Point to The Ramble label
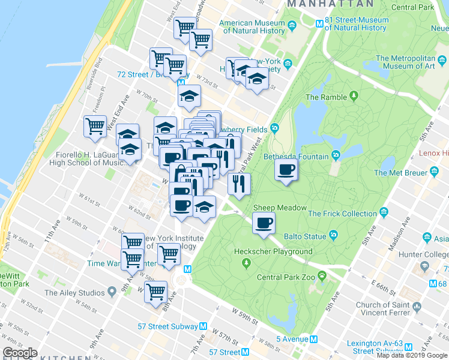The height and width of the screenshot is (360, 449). [x=326, y=97]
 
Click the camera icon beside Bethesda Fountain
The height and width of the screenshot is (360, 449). [x=336, y=157]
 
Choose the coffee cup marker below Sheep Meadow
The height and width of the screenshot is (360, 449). [x=263, y=224]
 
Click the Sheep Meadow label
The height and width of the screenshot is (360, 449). [x=280, y=208]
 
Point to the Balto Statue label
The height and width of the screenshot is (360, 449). [x=306, y=236]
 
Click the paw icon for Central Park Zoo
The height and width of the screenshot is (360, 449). [x=322, y=277]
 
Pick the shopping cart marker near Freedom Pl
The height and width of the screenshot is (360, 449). [x=95, y=127]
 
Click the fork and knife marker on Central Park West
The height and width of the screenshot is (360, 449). [x=238, y=184]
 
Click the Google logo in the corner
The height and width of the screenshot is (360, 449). [x=20, y=353]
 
